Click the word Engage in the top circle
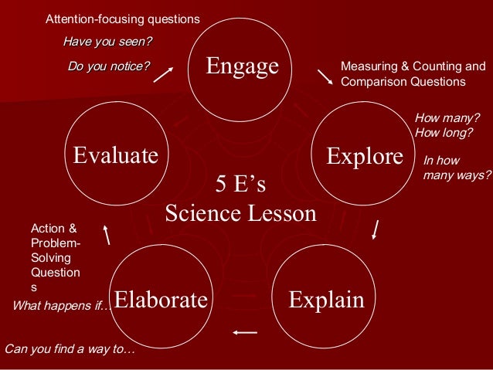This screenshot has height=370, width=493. coord(242,66)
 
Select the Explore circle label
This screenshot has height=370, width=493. coord(365,157)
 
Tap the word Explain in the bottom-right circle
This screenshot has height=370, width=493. coord(325,299)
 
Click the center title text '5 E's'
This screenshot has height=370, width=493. coord(240,185)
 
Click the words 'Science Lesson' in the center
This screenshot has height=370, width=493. coord(240,212)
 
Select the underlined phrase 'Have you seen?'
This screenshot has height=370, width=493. coord(107,41)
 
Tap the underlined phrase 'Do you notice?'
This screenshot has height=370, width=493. coord(109,66)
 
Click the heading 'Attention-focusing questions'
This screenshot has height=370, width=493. coord(122,18)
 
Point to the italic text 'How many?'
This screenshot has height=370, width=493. coord(447,117)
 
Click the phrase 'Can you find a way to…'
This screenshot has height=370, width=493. coord(70,349)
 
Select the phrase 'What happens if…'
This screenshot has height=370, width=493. coord(62,307)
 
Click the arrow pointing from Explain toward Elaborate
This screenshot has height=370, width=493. coord(244,333)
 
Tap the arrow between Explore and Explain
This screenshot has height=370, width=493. coord(376,229)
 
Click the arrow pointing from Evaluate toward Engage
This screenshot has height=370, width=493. coord(164,73)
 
